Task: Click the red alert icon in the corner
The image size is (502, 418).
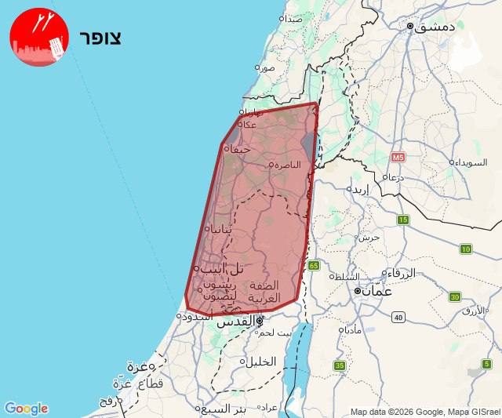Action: coord(39,37)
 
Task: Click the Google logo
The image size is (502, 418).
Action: coord(26,409)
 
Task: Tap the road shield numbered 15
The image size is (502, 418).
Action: coord(403,220)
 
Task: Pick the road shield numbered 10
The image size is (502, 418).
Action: coord(466,249)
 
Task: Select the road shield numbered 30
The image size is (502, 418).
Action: coord(454,297)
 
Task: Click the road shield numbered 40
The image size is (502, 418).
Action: coord(398,317)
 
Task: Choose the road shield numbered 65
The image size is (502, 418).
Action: coord(314,265)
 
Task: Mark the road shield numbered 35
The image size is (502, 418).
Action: coord(339,365)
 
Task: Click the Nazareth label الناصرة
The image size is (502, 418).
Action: coord(286,165)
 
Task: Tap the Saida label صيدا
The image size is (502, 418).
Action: coord(293,18)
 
